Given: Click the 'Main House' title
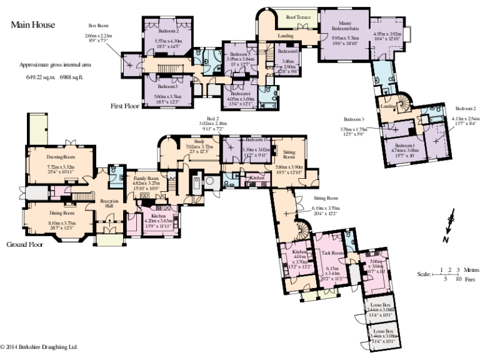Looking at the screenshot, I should pyautogui.click(x=32, y=25).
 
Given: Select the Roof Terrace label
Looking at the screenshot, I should pyautogui.click(x=298, y=17).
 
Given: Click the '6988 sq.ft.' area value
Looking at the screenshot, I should pyautogui.click(x=71, y=77).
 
